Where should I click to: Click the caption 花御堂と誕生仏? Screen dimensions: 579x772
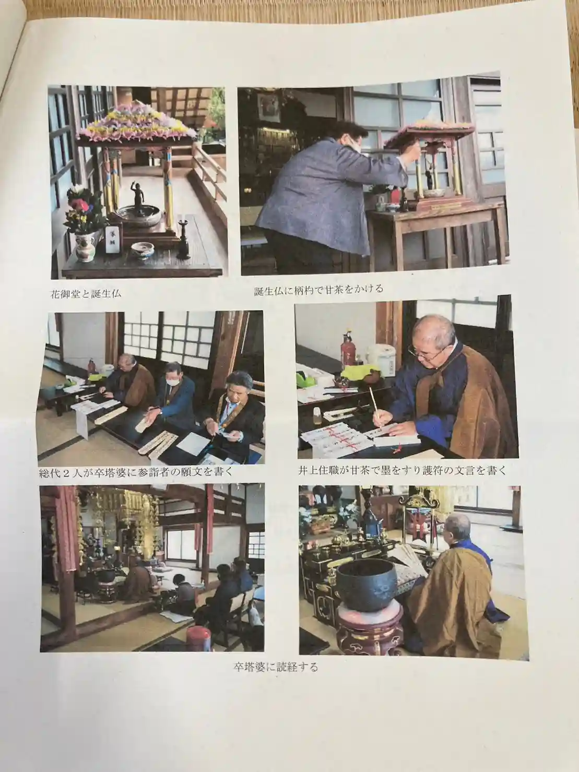(86, 293)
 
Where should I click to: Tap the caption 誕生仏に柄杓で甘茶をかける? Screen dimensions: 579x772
(318, 290)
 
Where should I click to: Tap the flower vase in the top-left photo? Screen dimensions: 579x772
(85, 247)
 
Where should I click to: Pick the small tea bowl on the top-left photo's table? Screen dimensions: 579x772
(143, 250)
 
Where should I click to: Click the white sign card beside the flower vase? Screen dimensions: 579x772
(113, 240)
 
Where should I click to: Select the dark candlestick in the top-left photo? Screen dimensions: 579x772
(184, 239)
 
